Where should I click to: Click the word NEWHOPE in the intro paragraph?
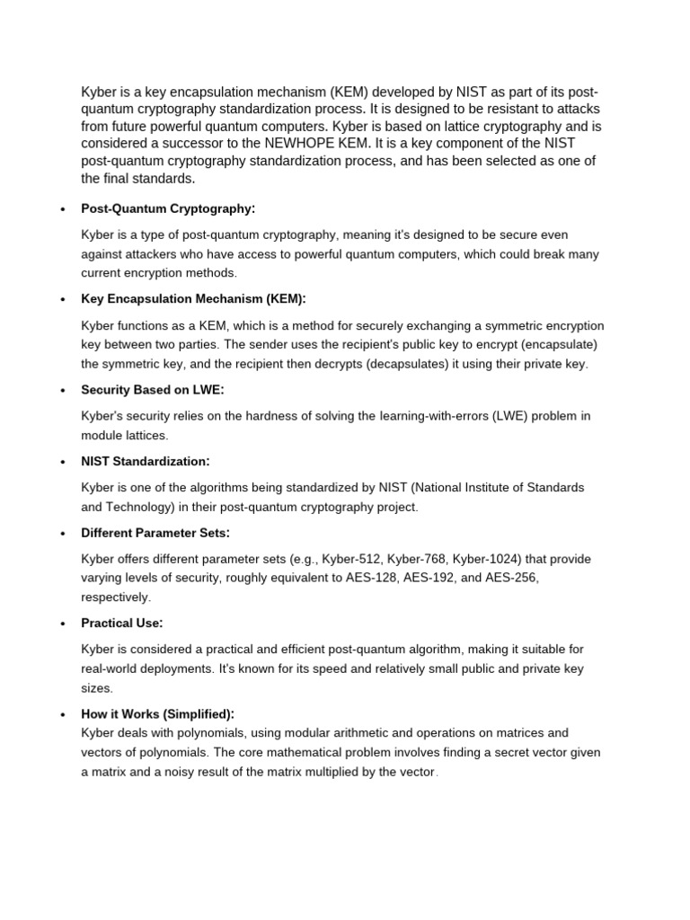pos(302,144)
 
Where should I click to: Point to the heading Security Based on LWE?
pos(152,389)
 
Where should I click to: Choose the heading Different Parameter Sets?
pos(155,533)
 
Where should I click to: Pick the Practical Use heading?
pos(122,623)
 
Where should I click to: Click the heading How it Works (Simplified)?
pos(157,713)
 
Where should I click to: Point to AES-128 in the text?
pos(376,578)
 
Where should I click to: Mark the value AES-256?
pos(509,578)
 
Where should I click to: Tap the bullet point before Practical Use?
pos(62,624)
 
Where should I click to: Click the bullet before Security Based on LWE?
pos(62,390)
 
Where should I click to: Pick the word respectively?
pos(115,597)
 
